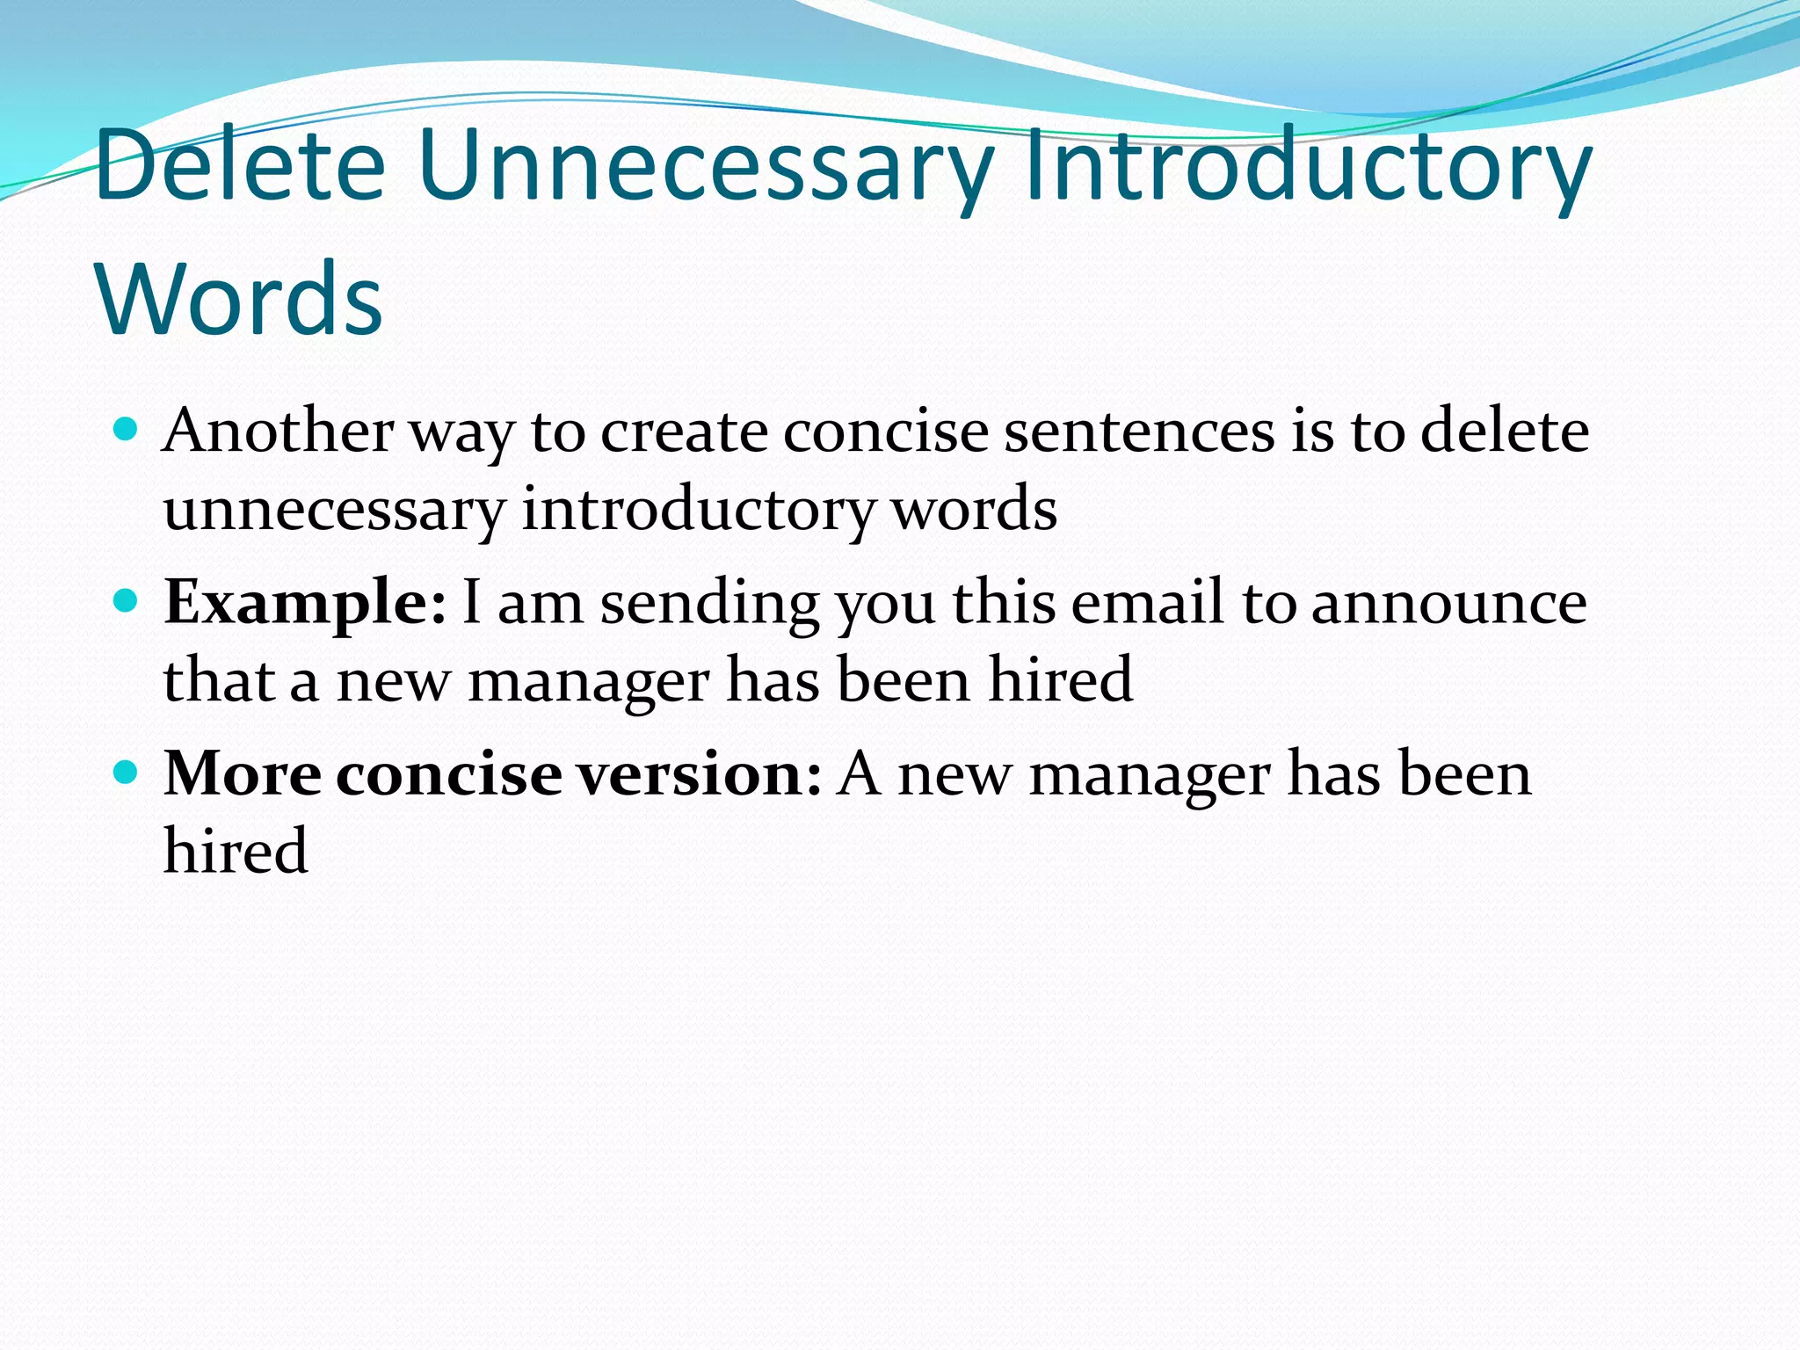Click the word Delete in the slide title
coord(240,165)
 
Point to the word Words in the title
coord(240,299)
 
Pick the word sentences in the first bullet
coord(1139,431)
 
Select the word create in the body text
coord(684,431)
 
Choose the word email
coord(1148,603)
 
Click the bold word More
coord(243,774)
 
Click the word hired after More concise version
coord(236,851)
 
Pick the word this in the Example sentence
coord(1004,603)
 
